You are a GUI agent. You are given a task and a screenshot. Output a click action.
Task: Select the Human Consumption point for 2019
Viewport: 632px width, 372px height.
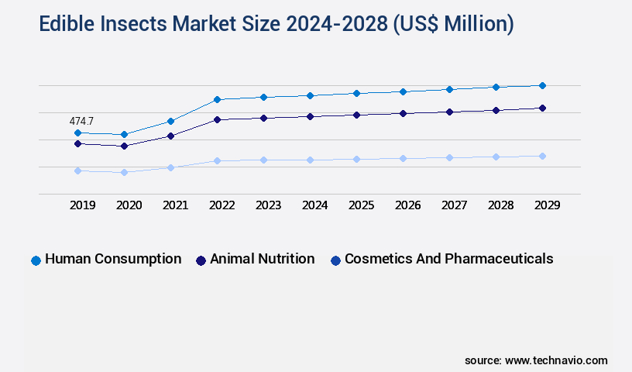coord(77,133)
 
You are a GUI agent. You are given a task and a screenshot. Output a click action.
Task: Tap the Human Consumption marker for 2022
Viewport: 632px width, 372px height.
coord(217,99)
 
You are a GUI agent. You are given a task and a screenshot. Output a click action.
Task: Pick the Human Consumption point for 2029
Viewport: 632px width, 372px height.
coord(542,85)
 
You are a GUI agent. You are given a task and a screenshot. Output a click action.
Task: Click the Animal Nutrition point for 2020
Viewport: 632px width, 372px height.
coord(124,146)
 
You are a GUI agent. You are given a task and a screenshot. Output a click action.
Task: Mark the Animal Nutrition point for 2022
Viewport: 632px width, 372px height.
coord(217,119)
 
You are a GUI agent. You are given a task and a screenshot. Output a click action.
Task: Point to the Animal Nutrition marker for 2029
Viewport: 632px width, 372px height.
coord(542,108)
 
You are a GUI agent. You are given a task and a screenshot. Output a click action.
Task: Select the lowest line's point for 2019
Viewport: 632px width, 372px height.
coord(77,170)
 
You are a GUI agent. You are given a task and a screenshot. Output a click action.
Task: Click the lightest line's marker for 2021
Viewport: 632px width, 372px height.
coord(170,167)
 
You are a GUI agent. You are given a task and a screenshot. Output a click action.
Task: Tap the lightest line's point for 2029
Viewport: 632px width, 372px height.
coord(542,156)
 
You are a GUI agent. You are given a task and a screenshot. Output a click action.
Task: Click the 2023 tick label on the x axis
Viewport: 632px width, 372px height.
coord(268,205)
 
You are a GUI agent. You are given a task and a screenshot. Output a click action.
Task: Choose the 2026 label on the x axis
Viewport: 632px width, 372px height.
coord(407,205)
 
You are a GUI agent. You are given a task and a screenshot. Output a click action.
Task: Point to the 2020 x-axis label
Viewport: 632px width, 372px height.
coord(129,205)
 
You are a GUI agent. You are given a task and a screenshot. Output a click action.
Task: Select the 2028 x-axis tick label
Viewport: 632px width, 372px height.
coord(500,205)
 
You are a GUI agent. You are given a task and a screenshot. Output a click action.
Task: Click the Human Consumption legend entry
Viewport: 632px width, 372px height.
coord(113,259)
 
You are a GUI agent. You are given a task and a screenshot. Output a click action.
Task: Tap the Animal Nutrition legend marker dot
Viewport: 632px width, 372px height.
coord(201,260)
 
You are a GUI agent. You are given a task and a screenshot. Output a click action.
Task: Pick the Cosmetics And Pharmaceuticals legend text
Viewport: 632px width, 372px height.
coord(448,259)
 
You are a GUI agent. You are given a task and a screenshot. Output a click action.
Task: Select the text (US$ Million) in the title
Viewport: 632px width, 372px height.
coord(452,25)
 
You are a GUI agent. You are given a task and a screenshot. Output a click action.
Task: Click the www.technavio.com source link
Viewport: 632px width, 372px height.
coord(556,360)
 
